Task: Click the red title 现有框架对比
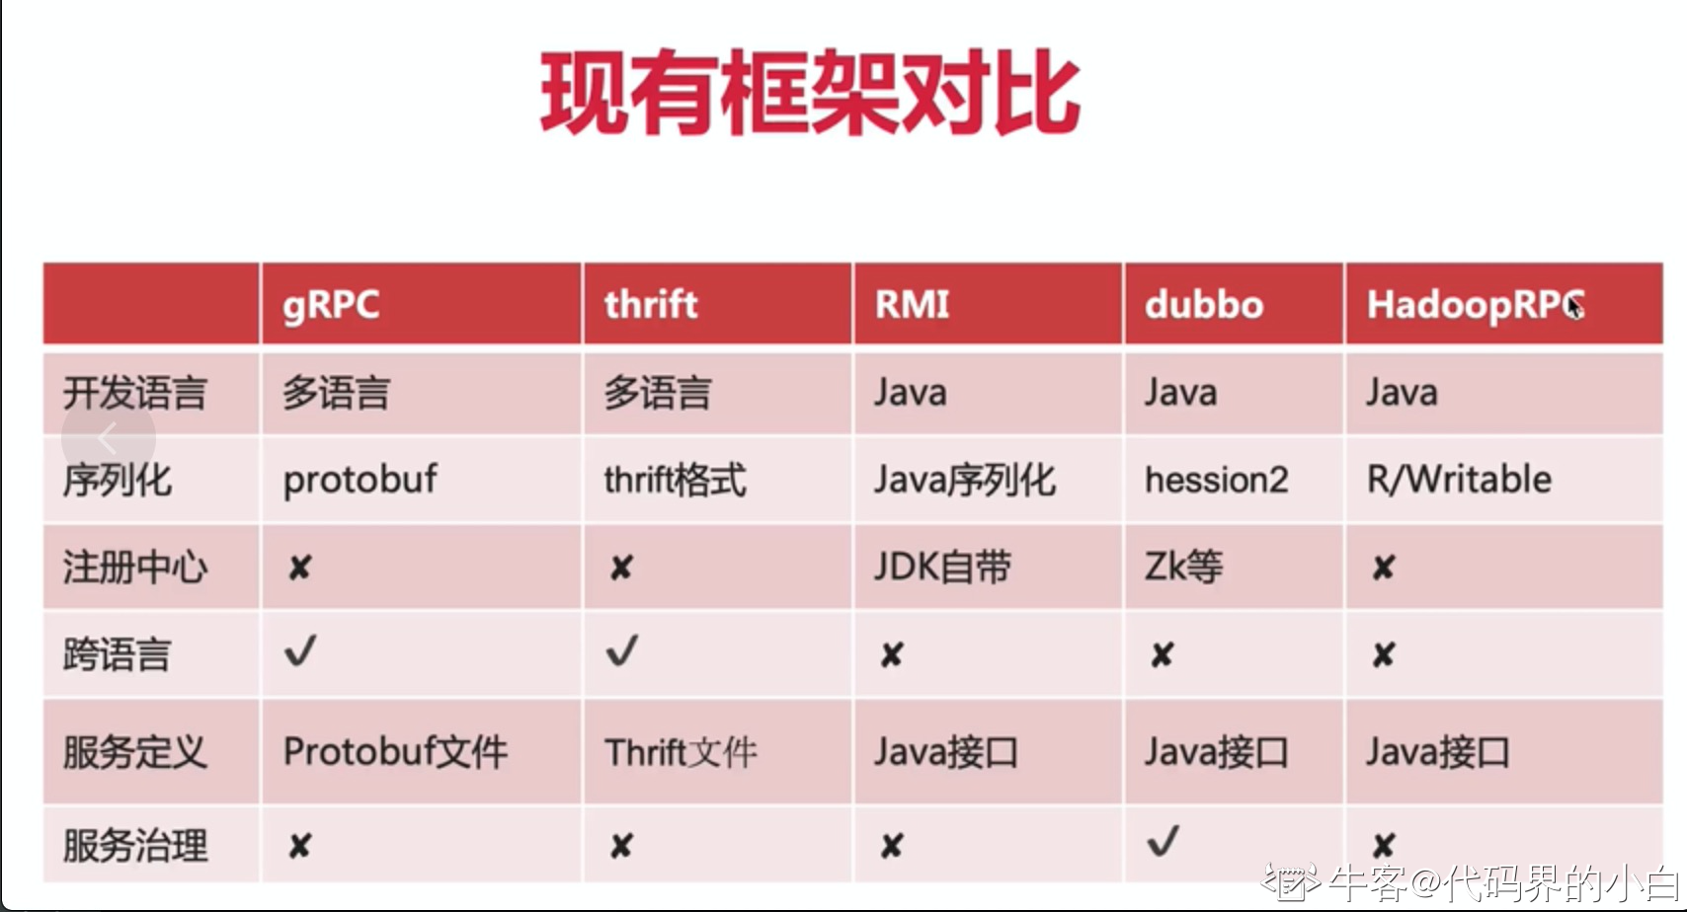(x=810, y=93)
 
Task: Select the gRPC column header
(x=331, y=305)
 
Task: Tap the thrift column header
(x=651, y=304)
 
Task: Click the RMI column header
(x=912, y=304)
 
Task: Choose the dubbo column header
(x=1203, y=304)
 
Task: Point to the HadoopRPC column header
(x=1476, y=306)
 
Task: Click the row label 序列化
(x=118, y=480)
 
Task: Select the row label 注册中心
(x=135, y=567)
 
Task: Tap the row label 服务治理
(x=135, y=845)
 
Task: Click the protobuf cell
(x=360, y=480)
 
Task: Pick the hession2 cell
(x=1216, y=480)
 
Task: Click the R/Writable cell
(x=1459, y=480)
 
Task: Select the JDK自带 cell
(x=942, y=567)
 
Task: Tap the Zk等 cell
(x=1183, y=567)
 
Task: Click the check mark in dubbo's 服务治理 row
(x=1163, y=841)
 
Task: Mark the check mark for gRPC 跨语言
(x=300, y=650)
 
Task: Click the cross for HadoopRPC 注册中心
(x=1384, y=568)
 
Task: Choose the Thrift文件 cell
(x=681, y=752)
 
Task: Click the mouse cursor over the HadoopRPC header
(x=1574, y=307)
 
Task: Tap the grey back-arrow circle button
(x=109, y=438)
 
